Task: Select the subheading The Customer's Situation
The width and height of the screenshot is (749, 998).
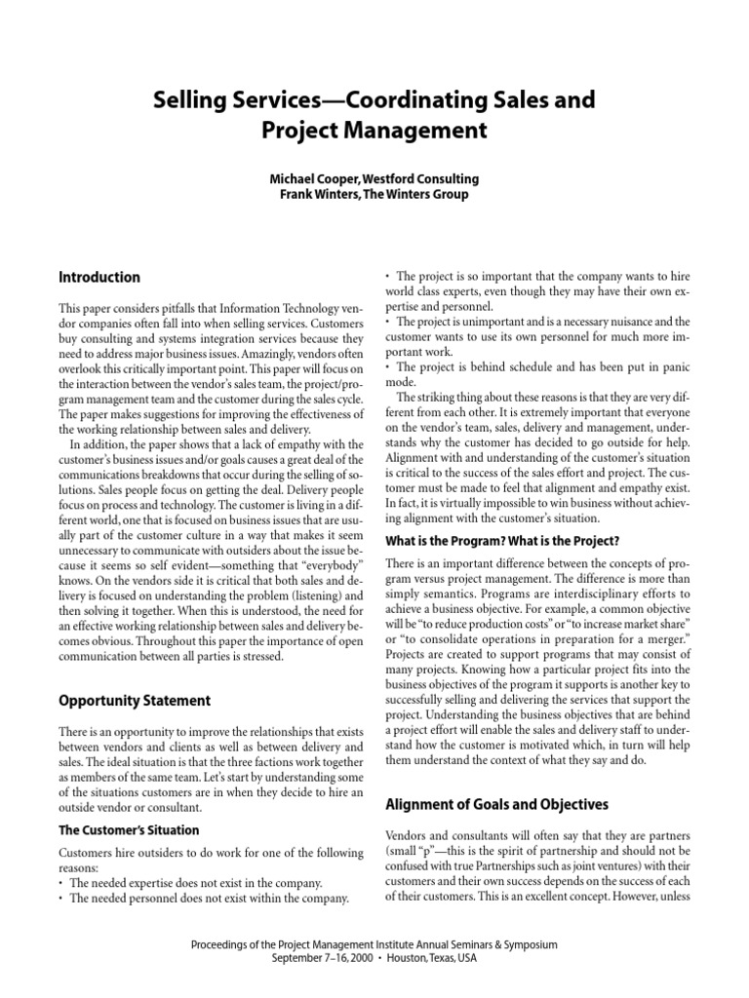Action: (130, 830)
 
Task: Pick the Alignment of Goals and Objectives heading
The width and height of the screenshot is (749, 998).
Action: (497, 804)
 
